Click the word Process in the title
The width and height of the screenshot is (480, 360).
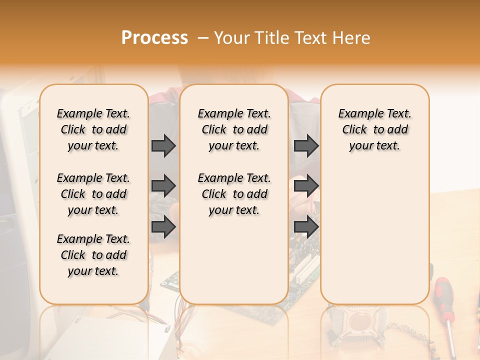pos(154,38)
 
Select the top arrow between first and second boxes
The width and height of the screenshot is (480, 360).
pos(163,145)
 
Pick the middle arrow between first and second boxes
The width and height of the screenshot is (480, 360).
pos(163,186)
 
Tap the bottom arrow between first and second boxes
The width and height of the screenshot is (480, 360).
pos(163,226)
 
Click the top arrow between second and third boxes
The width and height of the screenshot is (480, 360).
pos(306,145)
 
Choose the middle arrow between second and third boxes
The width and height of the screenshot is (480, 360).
pos(306,186)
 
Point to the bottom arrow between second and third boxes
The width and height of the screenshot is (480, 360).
pos(306,226)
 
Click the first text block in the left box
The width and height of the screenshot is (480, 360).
pos(93,129)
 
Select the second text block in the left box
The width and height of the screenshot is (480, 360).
pos(93,194)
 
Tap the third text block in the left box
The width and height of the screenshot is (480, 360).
pos(93,255)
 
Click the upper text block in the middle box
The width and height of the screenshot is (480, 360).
pos(234,129)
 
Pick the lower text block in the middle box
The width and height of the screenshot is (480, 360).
pos(234,194)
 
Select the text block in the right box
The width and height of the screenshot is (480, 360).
pos(375,129)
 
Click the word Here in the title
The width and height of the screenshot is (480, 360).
pos(352,38)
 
